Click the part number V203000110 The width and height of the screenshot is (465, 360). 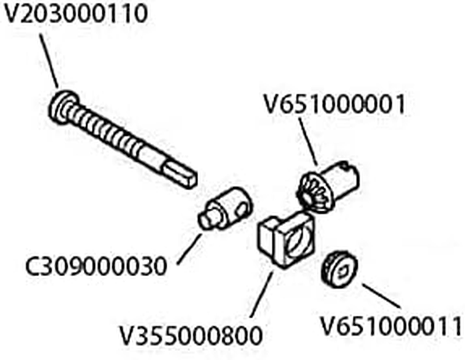point(76,13)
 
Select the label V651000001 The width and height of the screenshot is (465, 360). point(334,104)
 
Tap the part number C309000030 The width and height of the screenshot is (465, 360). point(96,266)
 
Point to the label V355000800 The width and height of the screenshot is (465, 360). point(191,336)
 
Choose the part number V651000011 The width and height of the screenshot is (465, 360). point(391,326)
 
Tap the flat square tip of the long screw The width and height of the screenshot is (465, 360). point(180,174)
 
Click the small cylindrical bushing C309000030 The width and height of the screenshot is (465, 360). point(226,209)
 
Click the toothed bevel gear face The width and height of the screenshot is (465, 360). point(314,193)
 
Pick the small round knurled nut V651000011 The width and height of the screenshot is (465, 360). point(339,269)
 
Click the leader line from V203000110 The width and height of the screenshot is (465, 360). point(49,61)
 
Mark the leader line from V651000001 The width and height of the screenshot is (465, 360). point(309,142)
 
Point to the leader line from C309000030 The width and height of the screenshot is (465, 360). point(189,249)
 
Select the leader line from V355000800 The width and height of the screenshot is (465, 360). point(261,294)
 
